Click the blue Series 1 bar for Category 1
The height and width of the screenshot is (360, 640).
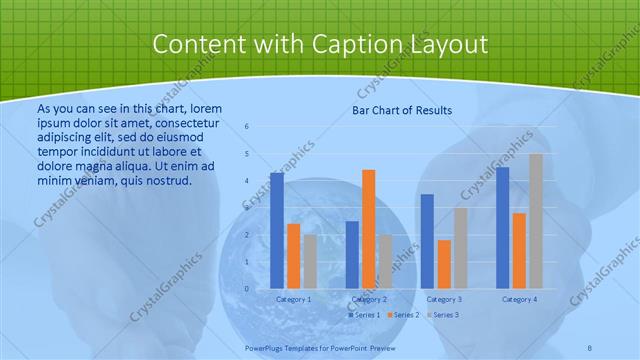tap(276, 230)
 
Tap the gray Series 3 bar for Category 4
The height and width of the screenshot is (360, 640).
tap(536, 221)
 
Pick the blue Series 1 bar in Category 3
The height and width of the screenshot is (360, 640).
tap(427, 240)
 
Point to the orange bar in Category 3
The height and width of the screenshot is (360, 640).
tap(444, 263)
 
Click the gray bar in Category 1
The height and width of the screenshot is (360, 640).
tap(310, 261)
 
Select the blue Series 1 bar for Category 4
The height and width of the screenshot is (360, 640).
tap(502, 227)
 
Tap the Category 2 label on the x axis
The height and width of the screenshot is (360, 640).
tap(368, 299)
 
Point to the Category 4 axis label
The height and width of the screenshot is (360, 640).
tap(519, 299)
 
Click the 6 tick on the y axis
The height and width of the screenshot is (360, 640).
tap(247, 127)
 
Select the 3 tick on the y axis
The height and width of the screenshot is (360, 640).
tap(247, 208)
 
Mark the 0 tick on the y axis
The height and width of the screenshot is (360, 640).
tap(247, 289)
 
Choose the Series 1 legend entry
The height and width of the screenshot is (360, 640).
tap(366, 315)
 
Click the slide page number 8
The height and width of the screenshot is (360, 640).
tap(590, 347)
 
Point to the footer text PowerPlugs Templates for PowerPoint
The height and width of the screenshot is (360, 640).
tap(320, 347)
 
